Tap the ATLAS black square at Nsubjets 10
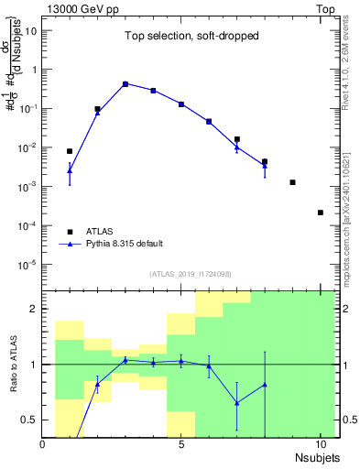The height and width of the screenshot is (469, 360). click(321, 213)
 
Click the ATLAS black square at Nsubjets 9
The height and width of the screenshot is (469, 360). click(292, 182)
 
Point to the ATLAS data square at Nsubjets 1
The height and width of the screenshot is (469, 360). click(70, 151)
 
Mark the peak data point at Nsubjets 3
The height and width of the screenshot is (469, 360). click(125, 83)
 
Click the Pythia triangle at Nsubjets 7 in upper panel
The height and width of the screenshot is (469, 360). click(236, 147)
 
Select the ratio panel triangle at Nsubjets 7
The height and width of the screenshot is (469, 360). click(236, 403)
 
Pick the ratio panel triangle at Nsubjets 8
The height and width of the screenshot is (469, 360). click(265, 385)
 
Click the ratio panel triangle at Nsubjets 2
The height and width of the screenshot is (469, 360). click(98, 384)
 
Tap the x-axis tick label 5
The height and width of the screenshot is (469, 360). click(181, 444)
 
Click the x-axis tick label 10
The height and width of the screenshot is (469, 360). click(320, 444)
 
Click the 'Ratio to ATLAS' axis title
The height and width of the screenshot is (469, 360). click(12, 365)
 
